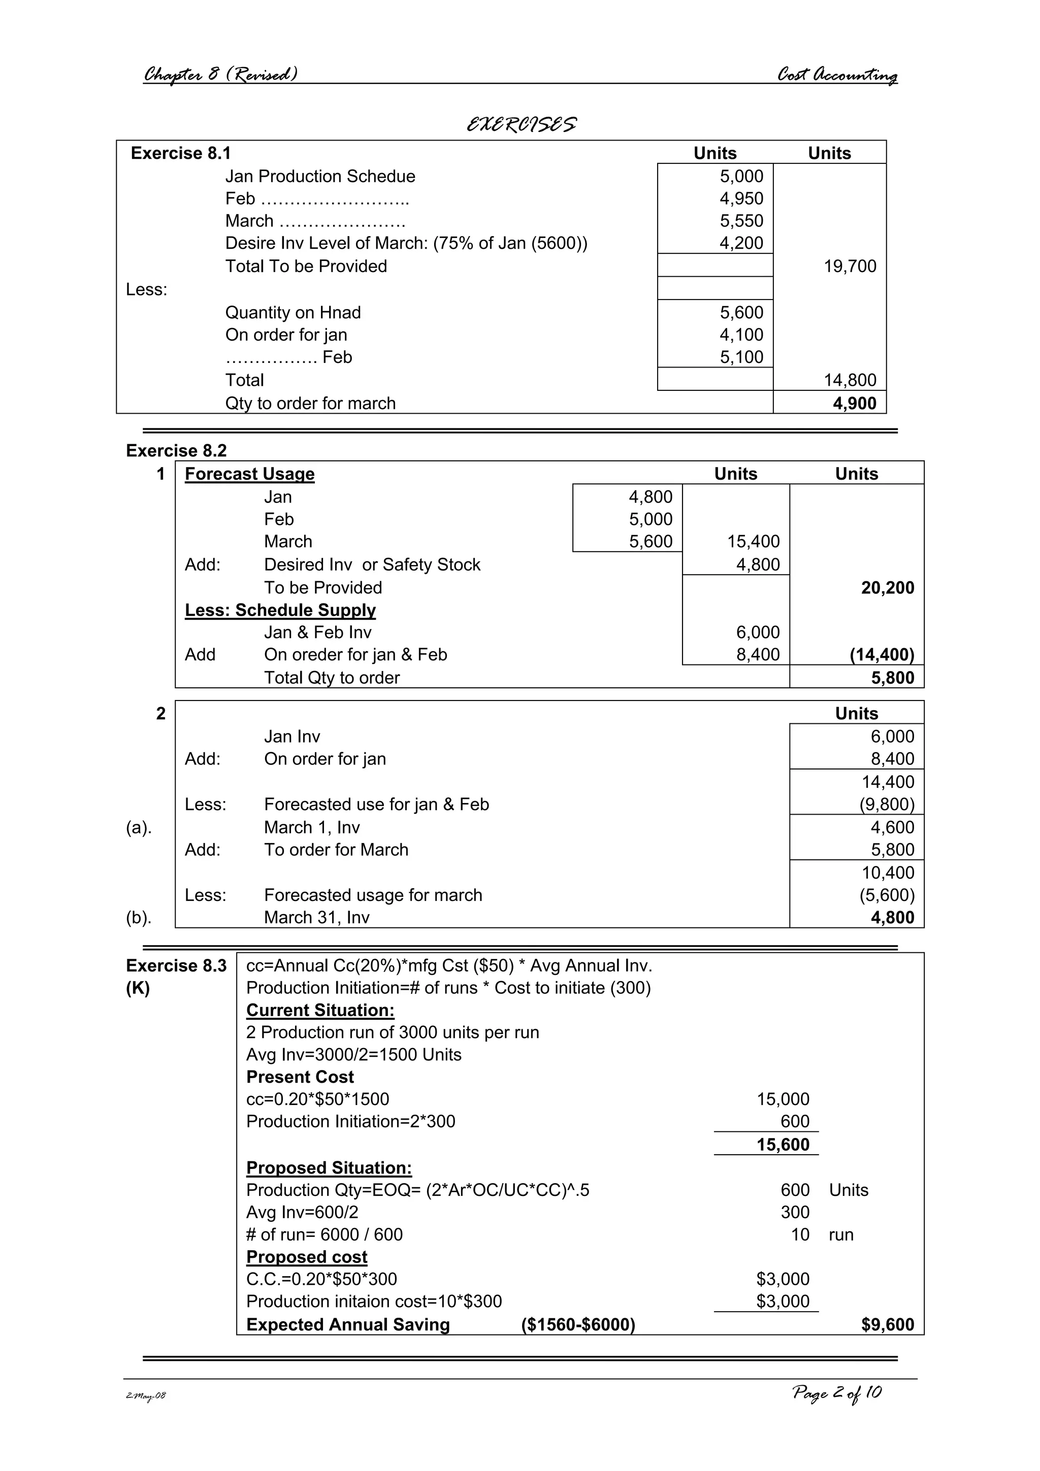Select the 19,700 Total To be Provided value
point(850,266)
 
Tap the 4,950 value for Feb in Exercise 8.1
point(741,198)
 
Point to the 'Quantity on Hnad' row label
point(293,313)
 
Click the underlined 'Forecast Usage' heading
point(249,474)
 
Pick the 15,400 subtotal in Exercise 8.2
point(753,542)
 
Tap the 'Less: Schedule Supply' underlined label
point(280,610)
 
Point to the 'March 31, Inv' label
point(316,917)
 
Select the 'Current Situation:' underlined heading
point(320,1010)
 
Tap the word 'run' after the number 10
point(841,1234)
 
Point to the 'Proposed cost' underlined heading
point(306,1257)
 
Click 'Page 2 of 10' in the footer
point(836,1393)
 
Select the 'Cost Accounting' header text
point(836,75)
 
